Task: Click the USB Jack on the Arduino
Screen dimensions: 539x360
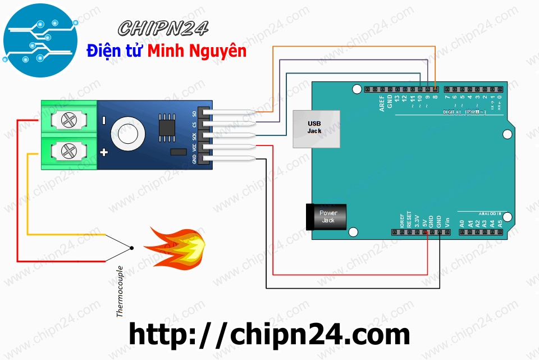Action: point(316,129)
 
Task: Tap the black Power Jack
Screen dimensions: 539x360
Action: point(328,217)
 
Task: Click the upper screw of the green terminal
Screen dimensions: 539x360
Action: point(68,120)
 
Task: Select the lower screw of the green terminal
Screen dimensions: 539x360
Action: point(68,151)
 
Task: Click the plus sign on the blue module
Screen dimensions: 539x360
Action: point(104,152)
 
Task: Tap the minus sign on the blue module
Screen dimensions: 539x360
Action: point(104,120)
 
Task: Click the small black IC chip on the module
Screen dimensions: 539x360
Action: point(166,127)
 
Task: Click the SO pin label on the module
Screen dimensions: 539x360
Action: point(194,115)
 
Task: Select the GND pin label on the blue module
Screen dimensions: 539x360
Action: point(194,159)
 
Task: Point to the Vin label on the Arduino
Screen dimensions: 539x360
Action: point(447,221)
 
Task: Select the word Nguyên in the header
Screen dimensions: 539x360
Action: point(218,51)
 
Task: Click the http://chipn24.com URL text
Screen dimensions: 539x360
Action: point(269,335)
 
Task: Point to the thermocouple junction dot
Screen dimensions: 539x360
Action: point(131,248)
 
